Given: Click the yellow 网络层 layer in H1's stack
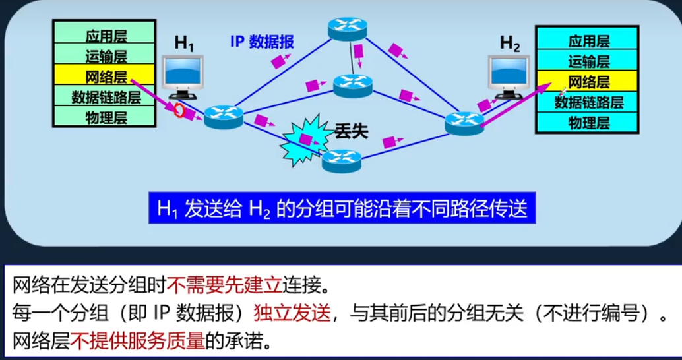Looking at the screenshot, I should click(x=106, y=76).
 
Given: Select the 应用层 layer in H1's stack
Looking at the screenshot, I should click(x=106, y=35).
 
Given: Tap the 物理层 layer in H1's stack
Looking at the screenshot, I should click(x=106, y=119).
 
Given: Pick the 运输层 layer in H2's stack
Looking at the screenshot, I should click(x=588, y=62).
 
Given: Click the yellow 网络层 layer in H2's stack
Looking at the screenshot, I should click(x=588, y=82).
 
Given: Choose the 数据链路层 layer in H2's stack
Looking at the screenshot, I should click(x=588, y=102).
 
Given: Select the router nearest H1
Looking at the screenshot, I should click(x=223, y=117).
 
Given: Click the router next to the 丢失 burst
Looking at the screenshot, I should click(x=342, y=160).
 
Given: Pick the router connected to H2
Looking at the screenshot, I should click(x=464, y=121).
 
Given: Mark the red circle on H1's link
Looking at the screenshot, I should click(x=178, y=110).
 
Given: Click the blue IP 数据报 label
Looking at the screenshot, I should click(x=262, y=42).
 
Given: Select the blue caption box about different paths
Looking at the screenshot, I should click(x=342, y=209).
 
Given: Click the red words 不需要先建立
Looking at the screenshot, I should click(x=225, y=285).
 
